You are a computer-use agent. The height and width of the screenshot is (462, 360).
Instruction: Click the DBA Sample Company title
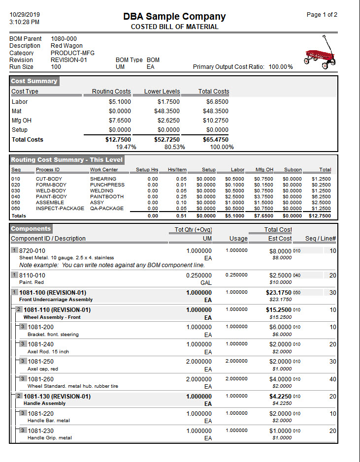pos(175,16)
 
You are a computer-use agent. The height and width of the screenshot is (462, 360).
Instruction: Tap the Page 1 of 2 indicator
pos(322,15)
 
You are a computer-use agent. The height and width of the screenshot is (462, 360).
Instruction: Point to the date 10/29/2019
pos(25,15)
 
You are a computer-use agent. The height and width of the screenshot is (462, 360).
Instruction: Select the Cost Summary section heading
pos(34,81)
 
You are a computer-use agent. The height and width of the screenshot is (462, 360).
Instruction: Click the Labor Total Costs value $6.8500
pos(217,102)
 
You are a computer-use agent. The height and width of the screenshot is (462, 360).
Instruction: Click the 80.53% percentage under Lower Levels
pos(175,147)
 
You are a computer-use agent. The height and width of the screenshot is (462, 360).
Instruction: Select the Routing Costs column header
pos(111,92)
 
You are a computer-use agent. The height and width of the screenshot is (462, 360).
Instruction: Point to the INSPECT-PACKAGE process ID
pos(60,208)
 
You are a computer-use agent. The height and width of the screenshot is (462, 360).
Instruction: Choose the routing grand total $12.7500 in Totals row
pos(321,216)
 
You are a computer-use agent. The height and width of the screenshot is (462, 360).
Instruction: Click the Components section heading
pos(31,229)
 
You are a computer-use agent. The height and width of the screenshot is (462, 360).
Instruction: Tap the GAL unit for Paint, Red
pos(206,282)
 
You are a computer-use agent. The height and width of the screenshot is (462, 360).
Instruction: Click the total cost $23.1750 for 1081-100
pos(279,292)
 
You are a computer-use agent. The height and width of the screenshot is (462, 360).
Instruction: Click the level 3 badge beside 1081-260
pos(23,378)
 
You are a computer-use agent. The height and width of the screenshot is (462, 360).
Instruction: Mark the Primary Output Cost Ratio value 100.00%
pos(281,67)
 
